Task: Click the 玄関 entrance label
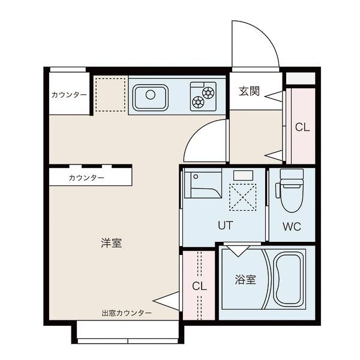coord(249,91)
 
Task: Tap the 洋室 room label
coord(111,243)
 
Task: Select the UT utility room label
coord(225,225)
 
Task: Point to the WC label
coord(292,227)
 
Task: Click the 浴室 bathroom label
coord(245,280)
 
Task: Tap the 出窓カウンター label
coord(127,313)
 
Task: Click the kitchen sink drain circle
coord(151,95)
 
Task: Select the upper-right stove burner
coord(208,92)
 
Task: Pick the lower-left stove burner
coord(198,102)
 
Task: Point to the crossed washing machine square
coord(242,197)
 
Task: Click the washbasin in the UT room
coord(203,183)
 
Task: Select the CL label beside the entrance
coord(302,127)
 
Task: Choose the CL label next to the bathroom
coord(199,286)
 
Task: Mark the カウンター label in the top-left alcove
coord(69,95)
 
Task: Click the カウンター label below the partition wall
coord(86,178)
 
